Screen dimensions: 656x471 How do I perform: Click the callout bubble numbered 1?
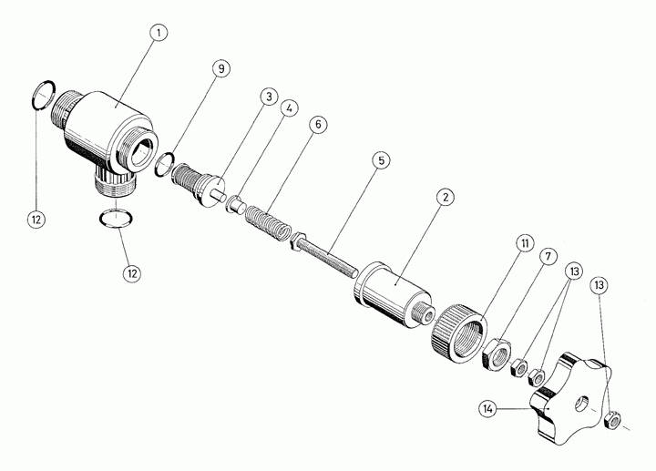[159, 33]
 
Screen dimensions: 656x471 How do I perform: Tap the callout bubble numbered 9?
[221, 68]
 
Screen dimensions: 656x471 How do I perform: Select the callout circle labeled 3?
[269, 97]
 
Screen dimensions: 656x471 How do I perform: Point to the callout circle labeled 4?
[289, 108]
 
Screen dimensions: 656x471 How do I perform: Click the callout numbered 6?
[318, 125]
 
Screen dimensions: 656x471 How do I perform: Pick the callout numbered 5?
[381, 160]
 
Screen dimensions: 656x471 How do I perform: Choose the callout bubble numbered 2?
[446, 197]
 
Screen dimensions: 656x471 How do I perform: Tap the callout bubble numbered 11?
[525, 243]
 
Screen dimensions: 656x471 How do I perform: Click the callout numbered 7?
[548, 256]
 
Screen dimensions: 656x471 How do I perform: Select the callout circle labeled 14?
[487, 409]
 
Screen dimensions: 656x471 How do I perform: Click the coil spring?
[268, 220]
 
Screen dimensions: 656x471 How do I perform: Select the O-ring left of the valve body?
[44, 95]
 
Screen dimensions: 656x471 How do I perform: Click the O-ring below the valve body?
[117, 219]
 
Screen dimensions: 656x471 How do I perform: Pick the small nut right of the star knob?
[613, 420]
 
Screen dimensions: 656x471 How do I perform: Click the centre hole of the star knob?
[580, 403]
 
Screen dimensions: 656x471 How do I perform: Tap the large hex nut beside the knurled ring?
[497, 353]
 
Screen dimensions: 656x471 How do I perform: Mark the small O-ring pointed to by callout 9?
[164, 164]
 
